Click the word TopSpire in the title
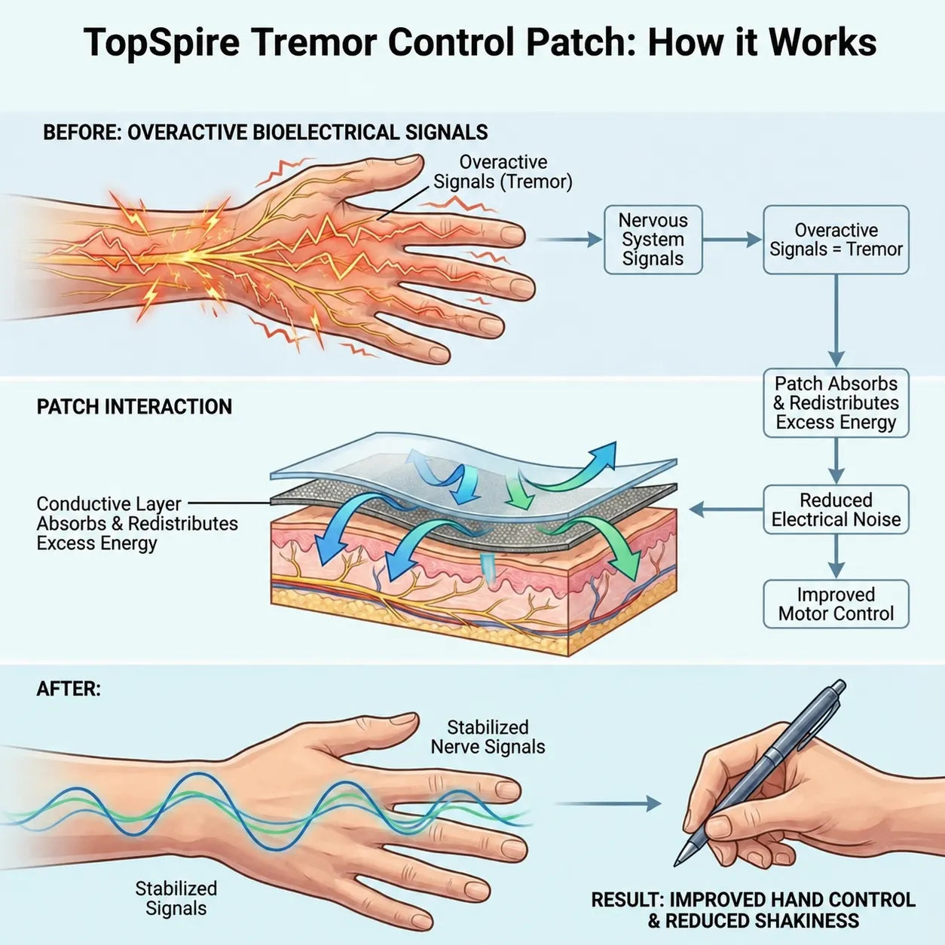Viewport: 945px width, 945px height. (161, 43)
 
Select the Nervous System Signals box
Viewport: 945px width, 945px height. (653, 240)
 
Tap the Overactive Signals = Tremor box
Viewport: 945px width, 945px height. (836, 240)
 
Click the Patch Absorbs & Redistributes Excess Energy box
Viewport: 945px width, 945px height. (836, 402)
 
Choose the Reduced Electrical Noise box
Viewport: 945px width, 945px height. (836, 509)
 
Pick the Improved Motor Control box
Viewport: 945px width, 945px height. (836, 604)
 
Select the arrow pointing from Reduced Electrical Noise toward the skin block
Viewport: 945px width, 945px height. (726, 510)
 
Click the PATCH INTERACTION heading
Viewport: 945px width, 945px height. (134, 407)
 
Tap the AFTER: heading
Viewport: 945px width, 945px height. (68, 689)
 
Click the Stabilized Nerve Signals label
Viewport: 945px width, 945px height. (488, 737)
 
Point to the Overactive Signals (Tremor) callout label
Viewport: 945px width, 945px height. (502, 172)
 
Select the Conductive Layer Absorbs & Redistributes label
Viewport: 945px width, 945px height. (137, 514)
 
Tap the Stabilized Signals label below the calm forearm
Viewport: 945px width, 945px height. (176, 898)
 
